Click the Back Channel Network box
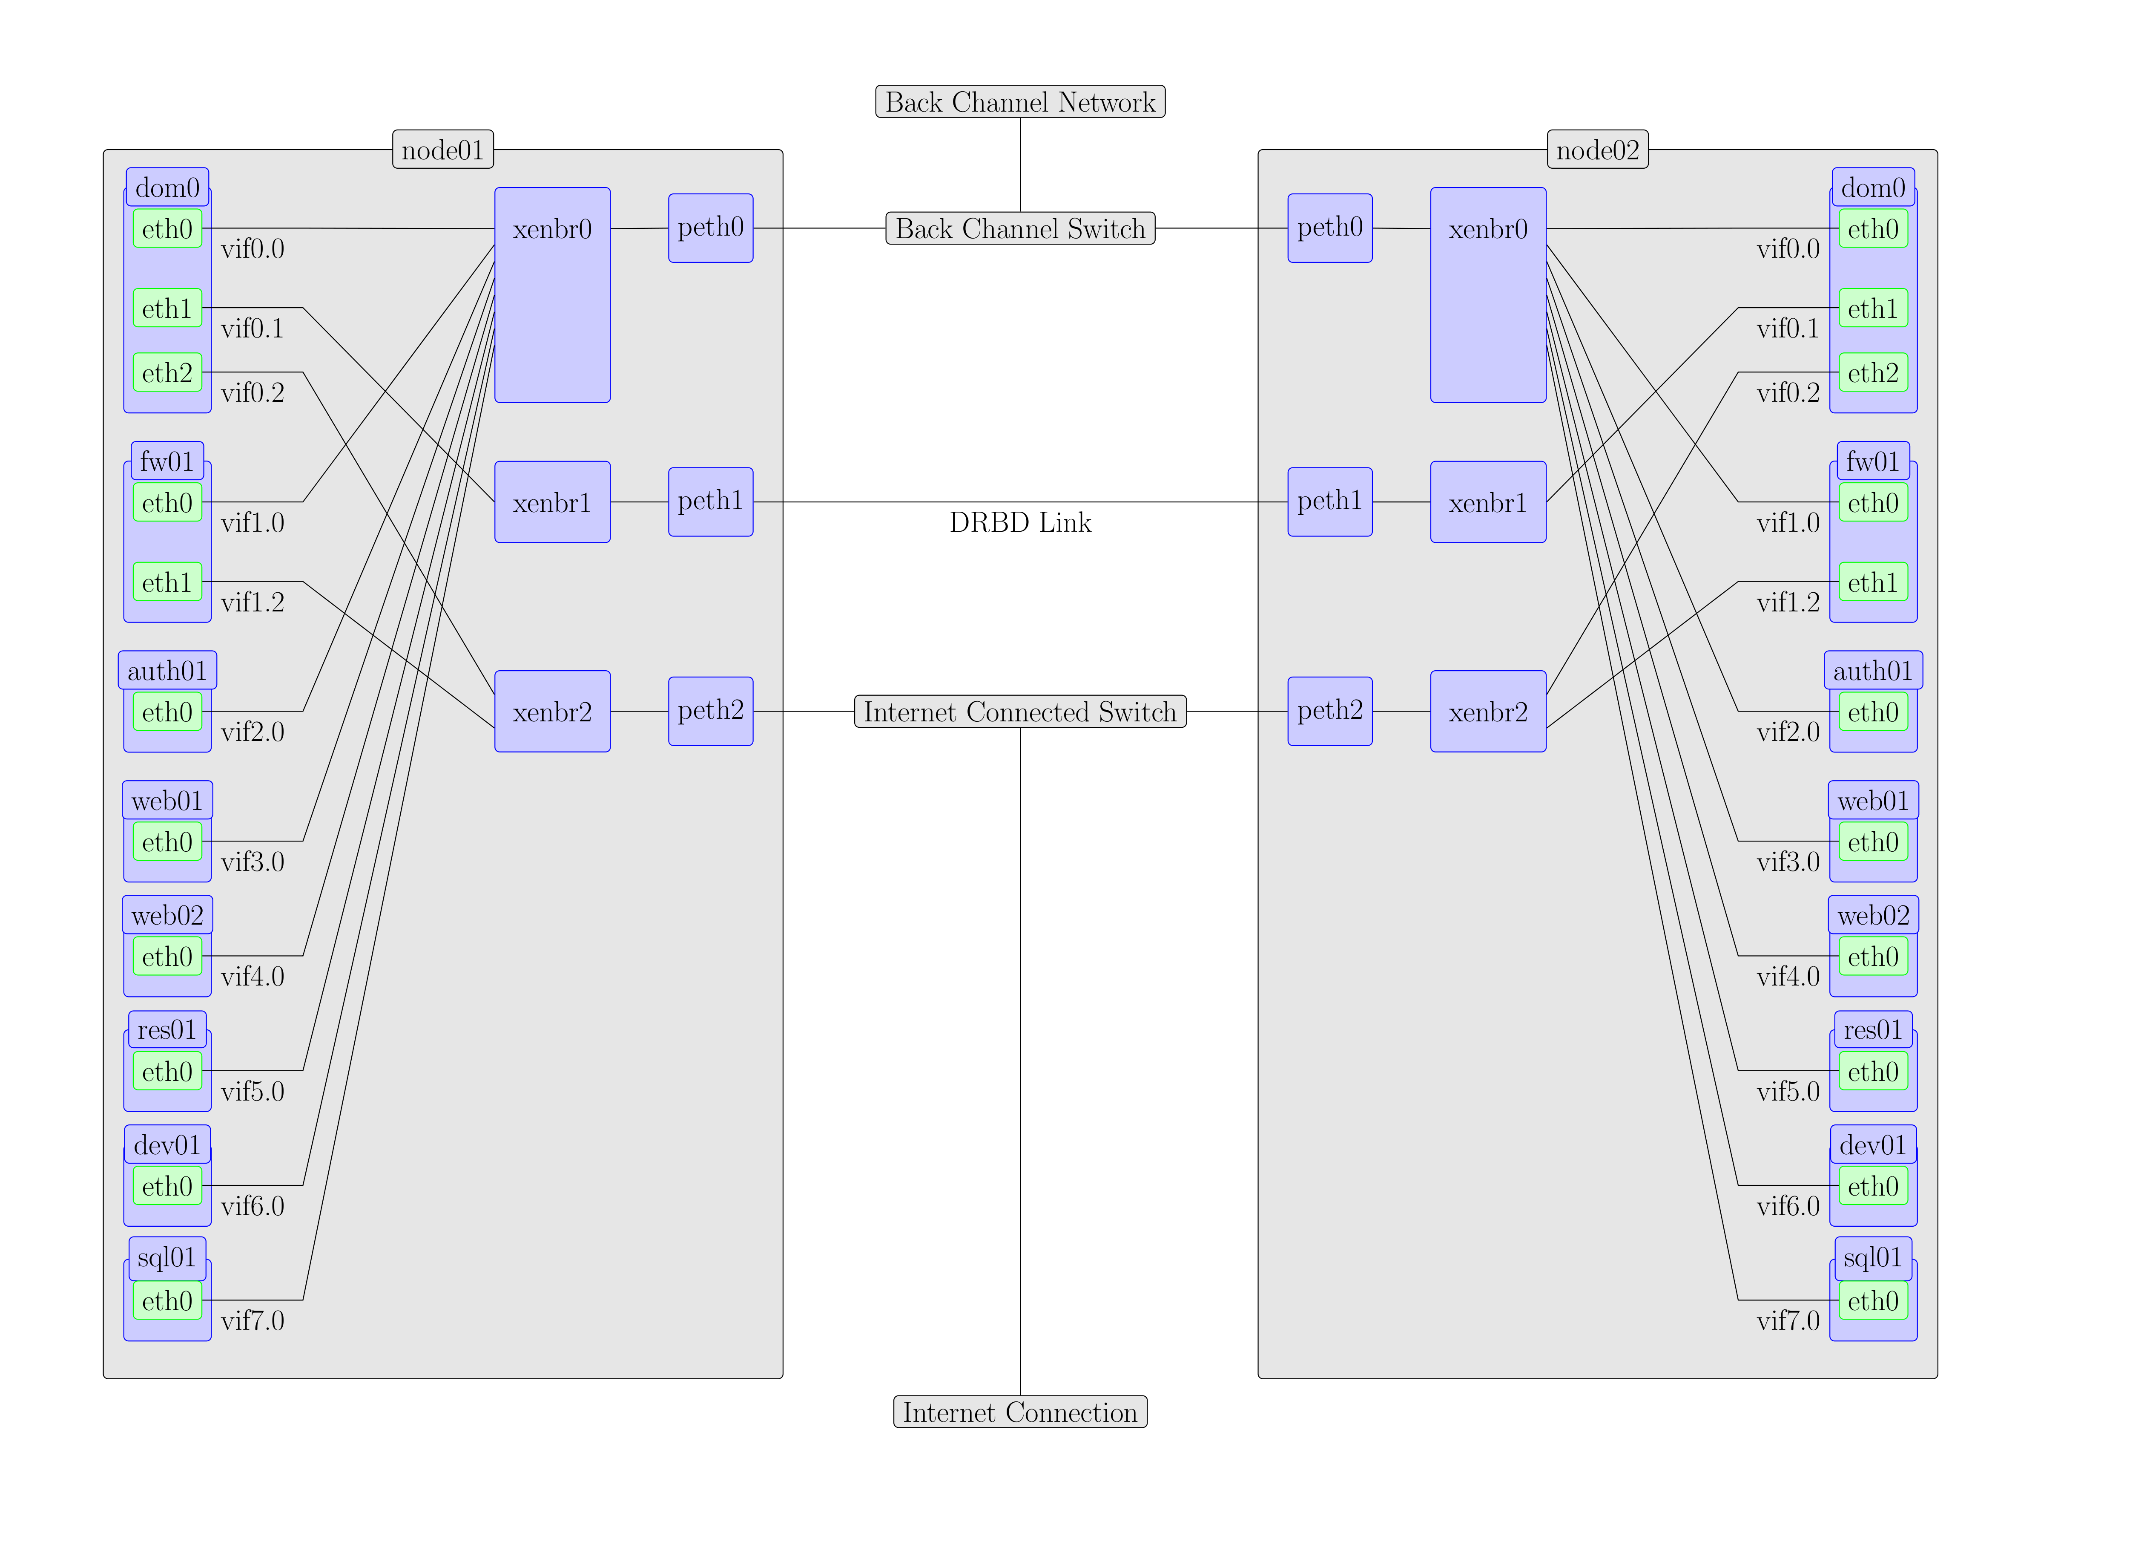1020,101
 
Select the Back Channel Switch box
1020,228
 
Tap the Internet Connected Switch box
1020,711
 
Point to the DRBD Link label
1020,522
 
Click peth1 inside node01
711,502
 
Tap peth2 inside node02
1330,711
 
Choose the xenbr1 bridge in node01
553,502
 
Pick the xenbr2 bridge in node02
1488,711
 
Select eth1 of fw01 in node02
1873,581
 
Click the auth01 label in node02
1873,671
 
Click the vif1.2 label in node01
252,602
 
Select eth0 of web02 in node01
168,956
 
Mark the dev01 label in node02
1873,1144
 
